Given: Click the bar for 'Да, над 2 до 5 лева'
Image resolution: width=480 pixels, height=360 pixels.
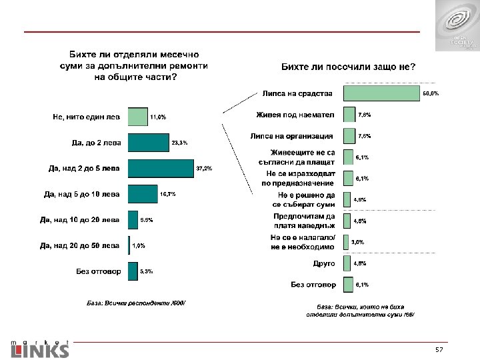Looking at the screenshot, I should (160, 168).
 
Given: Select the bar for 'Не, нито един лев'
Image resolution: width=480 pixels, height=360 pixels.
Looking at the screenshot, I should (137, 117).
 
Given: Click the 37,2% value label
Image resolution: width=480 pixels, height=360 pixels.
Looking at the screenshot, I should (204, 168).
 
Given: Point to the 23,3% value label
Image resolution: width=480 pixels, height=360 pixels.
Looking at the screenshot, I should (179, 143).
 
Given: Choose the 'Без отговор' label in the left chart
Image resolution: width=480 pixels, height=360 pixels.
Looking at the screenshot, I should (98, 271).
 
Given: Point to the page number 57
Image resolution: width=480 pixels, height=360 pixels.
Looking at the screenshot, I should (439, 350).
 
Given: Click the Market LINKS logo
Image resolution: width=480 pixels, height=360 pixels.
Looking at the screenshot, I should (39, 347).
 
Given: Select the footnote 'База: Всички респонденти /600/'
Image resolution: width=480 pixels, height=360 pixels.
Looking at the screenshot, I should (137, 303).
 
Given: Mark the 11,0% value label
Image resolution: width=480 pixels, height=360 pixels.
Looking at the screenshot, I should (157, 117).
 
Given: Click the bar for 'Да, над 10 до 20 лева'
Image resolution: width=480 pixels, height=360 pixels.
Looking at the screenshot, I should (132, 220).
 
